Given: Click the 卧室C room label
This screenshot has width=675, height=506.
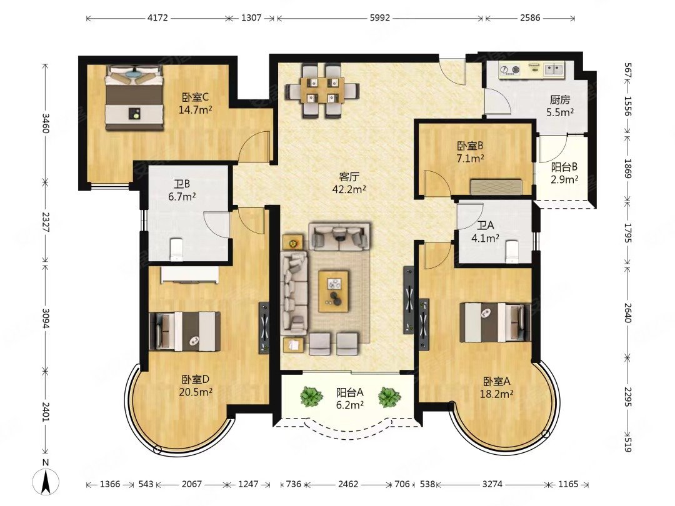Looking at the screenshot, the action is pyautogui.click(x=196, y=97).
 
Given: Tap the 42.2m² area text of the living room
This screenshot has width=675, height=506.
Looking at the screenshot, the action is pyautogui.click(x=349, y=189).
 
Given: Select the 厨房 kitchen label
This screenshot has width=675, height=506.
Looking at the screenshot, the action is pyautogui.click(x=559, y=100).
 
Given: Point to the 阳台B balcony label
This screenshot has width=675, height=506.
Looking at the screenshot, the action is pyautogui.click(x=564, y=167).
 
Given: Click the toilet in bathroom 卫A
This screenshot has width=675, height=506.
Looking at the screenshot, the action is pyautogui.click(x=511, y=251).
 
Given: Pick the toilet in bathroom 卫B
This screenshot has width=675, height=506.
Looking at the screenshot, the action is pyautogui.click(x=177, y=250).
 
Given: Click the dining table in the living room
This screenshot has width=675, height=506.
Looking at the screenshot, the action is pyautogui.click(x=322, y=91).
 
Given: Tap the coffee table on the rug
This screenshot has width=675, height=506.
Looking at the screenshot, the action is pyautogui.click(x=333, y=291).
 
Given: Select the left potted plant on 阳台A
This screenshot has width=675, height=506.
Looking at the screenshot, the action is pyautogui.click(x=311, y=396).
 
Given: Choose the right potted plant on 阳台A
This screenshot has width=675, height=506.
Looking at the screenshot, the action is pyautogui.click(x=389, y=397).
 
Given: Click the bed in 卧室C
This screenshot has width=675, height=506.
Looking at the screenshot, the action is pyautogui.click(x=135, y=97).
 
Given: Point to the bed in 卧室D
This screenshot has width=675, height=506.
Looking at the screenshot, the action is pyautogui.click(x=184, y=331).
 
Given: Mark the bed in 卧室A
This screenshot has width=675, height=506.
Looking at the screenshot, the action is pyautogui.click(x=495, y=323).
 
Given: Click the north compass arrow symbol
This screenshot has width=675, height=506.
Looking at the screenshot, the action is pyautogui.click(x=46, y=481).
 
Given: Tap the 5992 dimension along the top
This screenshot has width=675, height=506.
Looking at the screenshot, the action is pyautogui.click(x=380, y=18).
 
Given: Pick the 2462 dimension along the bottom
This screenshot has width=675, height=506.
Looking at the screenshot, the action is pyautogui.click(x=348, y=485).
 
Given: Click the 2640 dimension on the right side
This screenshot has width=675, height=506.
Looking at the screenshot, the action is pyautogui.click(x=627, y=313).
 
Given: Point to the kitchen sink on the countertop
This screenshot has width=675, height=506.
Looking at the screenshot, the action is pyautogui.click(x=552, y=69).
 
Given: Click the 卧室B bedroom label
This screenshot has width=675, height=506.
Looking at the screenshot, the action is pyautogui.click(x=471, y=146).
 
